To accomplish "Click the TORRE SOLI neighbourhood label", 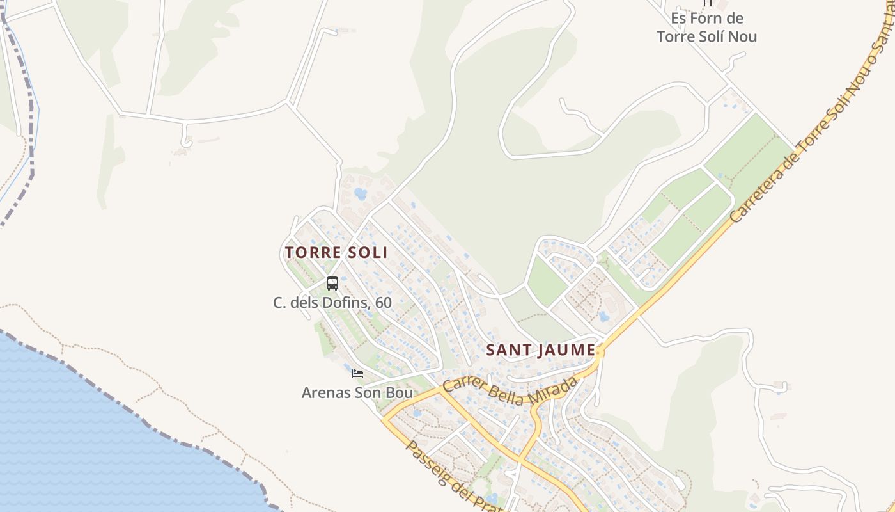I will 336,252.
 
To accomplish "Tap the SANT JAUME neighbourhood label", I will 540,351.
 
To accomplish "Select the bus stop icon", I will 332,283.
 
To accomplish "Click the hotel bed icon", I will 357,373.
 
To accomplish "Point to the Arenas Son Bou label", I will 357,392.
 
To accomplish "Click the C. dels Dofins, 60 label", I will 332,302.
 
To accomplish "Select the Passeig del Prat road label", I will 447,474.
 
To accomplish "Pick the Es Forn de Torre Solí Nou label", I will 706,28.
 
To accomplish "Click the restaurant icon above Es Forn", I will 707,3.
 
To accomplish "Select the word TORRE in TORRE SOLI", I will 307,252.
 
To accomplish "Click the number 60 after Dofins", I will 383,302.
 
